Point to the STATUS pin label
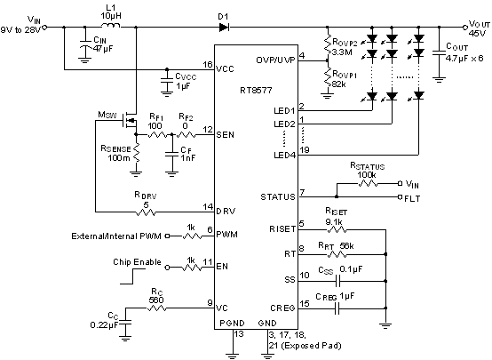pyautogui.click(x=275, y=196)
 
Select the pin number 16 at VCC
pyautogui.click(x=207, y=65)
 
